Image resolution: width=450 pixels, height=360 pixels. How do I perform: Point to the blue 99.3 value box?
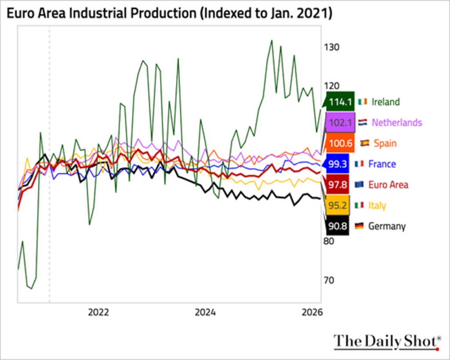pyautogui.click(x=337, y=164)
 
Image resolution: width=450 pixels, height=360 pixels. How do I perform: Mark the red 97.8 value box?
pyautogui.click(x=337, y=185)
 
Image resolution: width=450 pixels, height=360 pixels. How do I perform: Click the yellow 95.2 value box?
pyautogui.click(x=337, y=205)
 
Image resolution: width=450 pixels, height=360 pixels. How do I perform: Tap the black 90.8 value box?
pyautogui.click(x=337, y=226)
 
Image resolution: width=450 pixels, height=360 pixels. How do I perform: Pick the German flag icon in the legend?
pyautogui.click(x=359, y=226)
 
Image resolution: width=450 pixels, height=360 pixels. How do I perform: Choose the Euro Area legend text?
pyautogui.click(x=388, y=185)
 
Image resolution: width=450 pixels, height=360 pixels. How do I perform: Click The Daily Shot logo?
pyautogui.click(x=387, y=342)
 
